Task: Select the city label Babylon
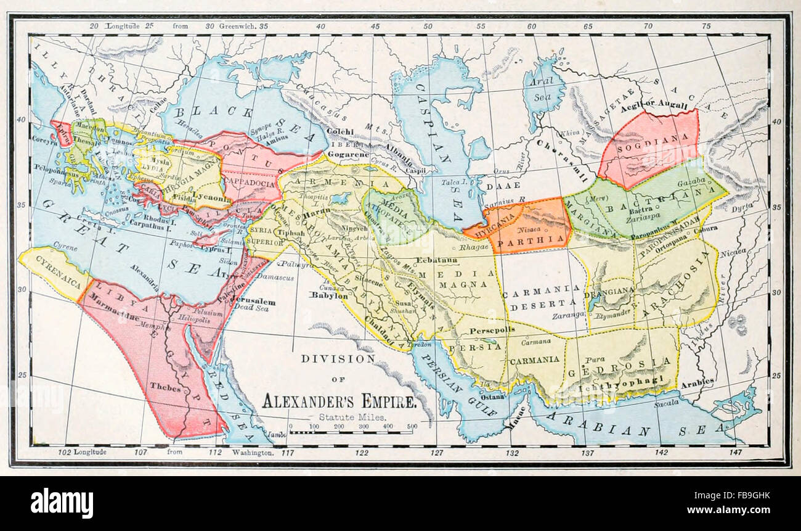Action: (x=330, y=295)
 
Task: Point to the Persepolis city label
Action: (x=492, y=331)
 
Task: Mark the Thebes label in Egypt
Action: (x=165, y=389)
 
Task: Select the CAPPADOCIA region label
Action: (x=243, y=183)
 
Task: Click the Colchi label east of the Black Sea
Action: (x=340, y=131)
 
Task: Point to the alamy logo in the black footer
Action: (x=62, y=503)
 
